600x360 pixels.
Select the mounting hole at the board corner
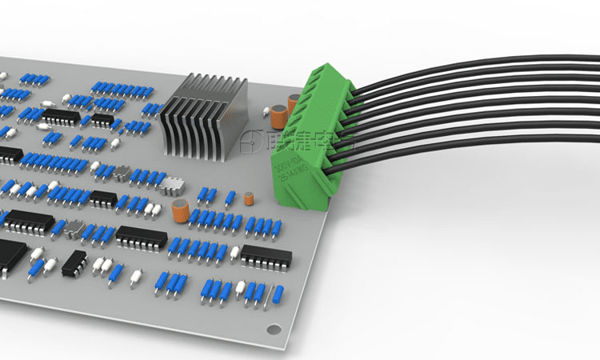click(274, 329)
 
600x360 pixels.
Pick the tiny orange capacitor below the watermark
click(249, 198)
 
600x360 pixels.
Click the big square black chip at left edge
click(10, 254)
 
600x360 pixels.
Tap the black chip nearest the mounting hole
click(266, 257)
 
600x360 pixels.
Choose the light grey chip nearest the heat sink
click(172, 187)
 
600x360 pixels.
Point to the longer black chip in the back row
click(61, 117)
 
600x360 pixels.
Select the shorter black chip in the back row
click(102, 120)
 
